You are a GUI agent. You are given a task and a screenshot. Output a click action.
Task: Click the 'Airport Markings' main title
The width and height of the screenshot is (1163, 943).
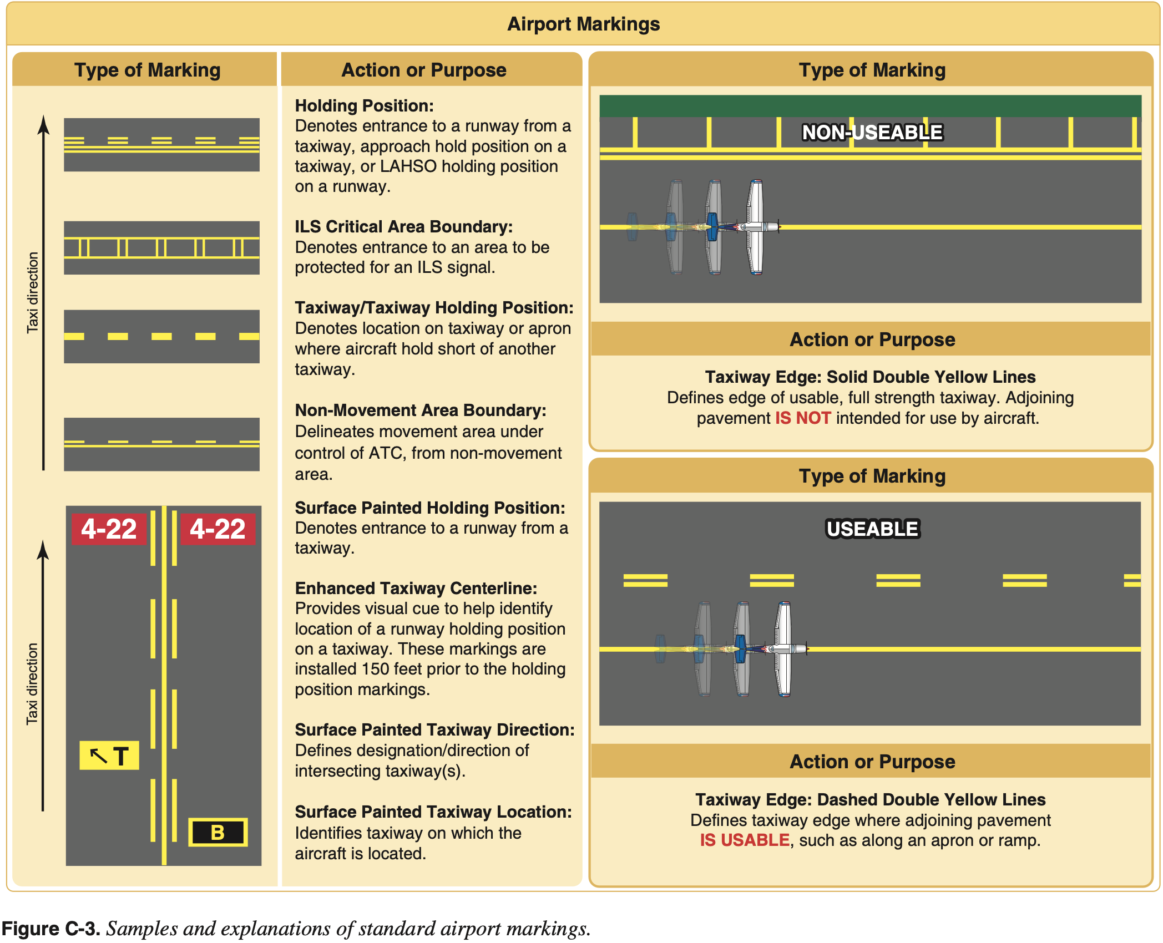click(x=583, y=24)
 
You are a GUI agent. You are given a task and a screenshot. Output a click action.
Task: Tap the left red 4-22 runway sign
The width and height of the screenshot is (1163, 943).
click(x=109, y=529)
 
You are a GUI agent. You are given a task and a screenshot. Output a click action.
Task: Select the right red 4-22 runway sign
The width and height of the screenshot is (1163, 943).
click(x=218, y=529)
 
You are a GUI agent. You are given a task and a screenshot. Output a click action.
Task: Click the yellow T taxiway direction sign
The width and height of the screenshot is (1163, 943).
click(x=109, y=756)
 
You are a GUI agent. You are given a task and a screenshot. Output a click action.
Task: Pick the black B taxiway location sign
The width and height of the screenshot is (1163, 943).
click(x=218, y=832)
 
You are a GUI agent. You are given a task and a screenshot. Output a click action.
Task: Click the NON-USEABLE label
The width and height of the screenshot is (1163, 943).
click(x=872, y=132)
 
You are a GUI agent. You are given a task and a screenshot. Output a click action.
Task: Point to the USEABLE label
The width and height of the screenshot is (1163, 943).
click(x=872, y=529)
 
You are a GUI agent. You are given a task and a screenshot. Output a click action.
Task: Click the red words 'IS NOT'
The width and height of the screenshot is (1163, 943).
click(x=802, y=418)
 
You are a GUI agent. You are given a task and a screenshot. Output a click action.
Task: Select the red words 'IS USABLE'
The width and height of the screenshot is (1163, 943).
click(x=744, y=840)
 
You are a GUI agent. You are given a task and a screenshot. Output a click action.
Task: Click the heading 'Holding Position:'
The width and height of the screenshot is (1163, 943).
click(x=364, y=105)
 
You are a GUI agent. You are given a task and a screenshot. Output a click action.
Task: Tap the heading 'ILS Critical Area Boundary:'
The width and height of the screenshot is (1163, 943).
click(x=403, y=226)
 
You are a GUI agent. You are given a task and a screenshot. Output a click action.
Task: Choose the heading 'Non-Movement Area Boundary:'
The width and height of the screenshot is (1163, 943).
click(x=420, y=410)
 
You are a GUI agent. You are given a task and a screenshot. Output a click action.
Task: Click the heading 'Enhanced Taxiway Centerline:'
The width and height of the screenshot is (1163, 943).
click(x=416, y=588)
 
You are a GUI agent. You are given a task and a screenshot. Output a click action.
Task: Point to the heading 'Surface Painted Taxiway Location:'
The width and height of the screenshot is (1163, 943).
click(x=433, y=812)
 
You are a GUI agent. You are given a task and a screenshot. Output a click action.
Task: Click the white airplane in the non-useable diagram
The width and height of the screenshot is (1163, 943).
click(x=756, y=226)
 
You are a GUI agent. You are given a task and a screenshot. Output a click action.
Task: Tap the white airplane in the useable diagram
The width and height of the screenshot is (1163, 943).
click(x=784, y=648)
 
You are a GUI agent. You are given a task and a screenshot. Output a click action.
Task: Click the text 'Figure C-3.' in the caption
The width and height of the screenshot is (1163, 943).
click(x=50, y=928)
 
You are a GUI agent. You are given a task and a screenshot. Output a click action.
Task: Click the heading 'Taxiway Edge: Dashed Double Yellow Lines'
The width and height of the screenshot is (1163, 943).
click(x=870, y=799)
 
